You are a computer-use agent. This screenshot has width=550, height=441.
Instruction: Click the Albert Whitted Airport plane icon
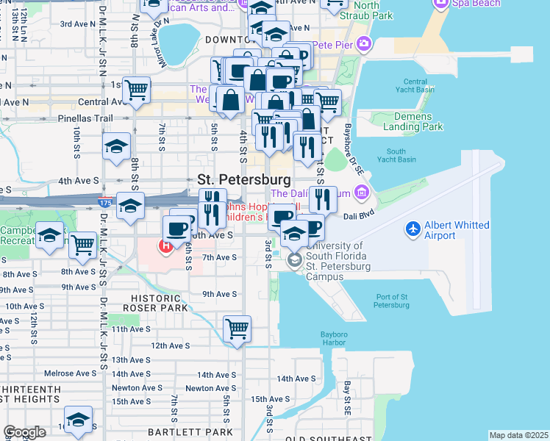(x=414, y=229)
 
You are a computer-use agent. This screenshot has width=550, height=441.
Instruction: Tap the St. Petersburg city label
(x=243, y=179)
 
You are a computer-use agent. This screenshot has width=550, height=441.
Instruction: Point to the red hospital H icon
(x=166, y=245)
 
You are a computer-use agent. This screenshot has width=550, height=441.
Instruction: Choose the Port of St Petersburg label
(x=392, y=301)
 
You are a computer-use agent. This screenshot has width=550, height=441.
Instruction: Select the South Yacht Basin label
(x=396, y=155)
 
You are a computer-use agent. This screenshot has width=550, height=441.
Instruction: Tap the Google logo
(x=25, y=432)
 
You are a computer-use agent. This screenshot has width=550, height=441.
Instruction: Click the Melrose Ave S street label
(x=70, y=373)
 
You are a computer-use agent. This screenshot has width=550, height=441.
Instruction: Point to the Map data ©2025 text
(x=518, y=435)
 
